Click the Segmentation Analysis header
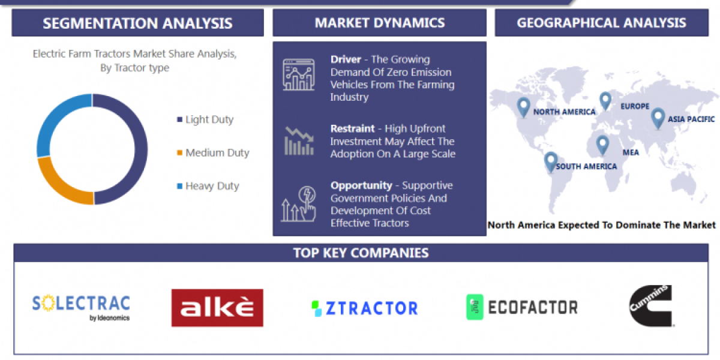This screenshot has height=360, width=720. coord(137,23)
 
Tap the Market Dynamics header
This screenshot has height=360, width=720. coord(379,23)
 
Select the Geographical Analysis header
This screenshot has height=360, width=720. coord(601,23)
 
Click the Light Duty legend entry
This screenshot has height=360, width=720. coord(209,119)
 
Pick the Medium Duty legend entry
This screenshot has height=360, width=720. coord(217,153)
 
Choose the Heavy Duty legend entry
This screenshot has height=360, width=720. coord(212,186)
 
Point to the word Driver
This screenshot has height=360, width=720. coord(346,59)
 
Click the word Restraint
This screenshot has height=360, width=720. coord(352,128)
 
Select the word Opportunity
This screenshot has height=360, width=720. coord(361,185)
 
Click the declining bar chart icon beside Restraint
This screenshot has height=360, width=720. coord(298,140)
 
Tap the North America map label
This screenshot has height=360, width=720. coord(564,112)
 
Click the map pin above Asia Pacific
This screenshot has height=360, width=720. coord(658,117)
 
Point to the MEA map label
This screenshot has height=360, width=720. coord(631,152)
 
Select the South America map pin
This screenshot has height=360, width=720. coord(550,161)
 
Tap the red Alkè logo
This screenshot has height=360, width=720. coord(217,308)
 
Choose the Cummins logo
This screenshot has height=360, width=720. coord(650,306)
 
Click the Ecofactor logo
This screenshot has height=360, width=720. coord(521,307)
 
